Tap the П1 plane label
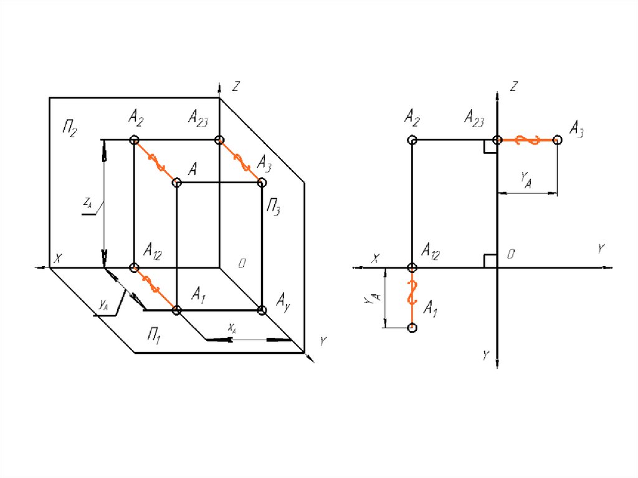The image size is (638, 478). coord(155,337)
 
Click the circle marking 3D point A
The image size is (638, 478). coord(176,183)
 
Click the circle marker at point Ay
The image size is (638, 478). coord(262,310)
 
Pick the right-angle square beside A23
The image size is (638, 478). coord(490,146)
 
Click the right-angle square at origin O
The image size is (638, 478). coord(490,261)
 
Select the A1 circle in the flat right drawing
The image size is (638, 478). coord(411,327)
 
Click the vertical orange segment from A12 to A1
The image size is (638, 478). coord(411,296)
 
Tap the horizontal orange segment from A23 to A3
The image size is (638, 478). coord(526,141)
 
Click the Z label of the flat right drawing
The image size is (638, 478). coord(513,87)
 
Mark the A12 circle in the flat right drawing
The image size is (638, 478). coord(411,268)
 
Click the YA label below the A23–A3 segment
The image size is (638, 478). coord(526,179)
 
